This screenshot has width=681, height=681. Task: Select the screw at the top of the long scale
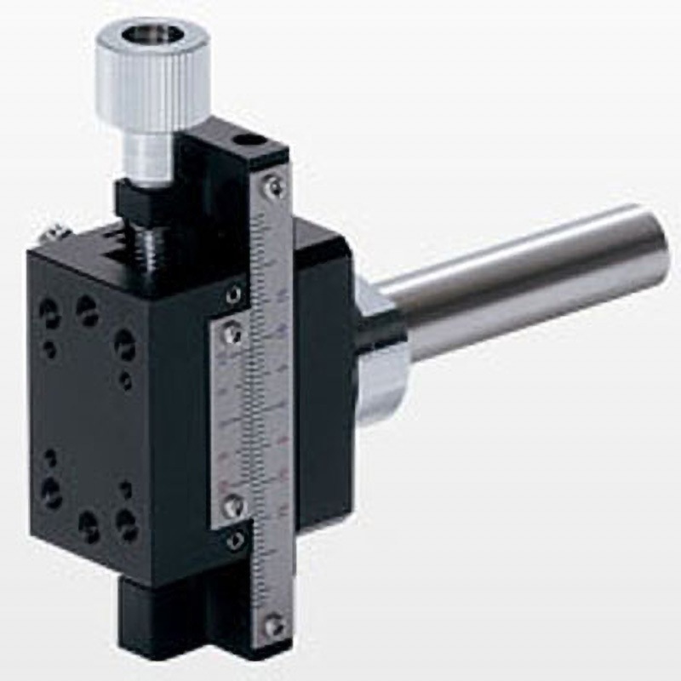272,185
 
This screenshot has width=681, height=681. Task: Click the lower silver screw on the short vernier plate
230,506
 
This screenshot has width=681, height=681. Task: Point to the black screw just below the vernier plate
236,538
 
